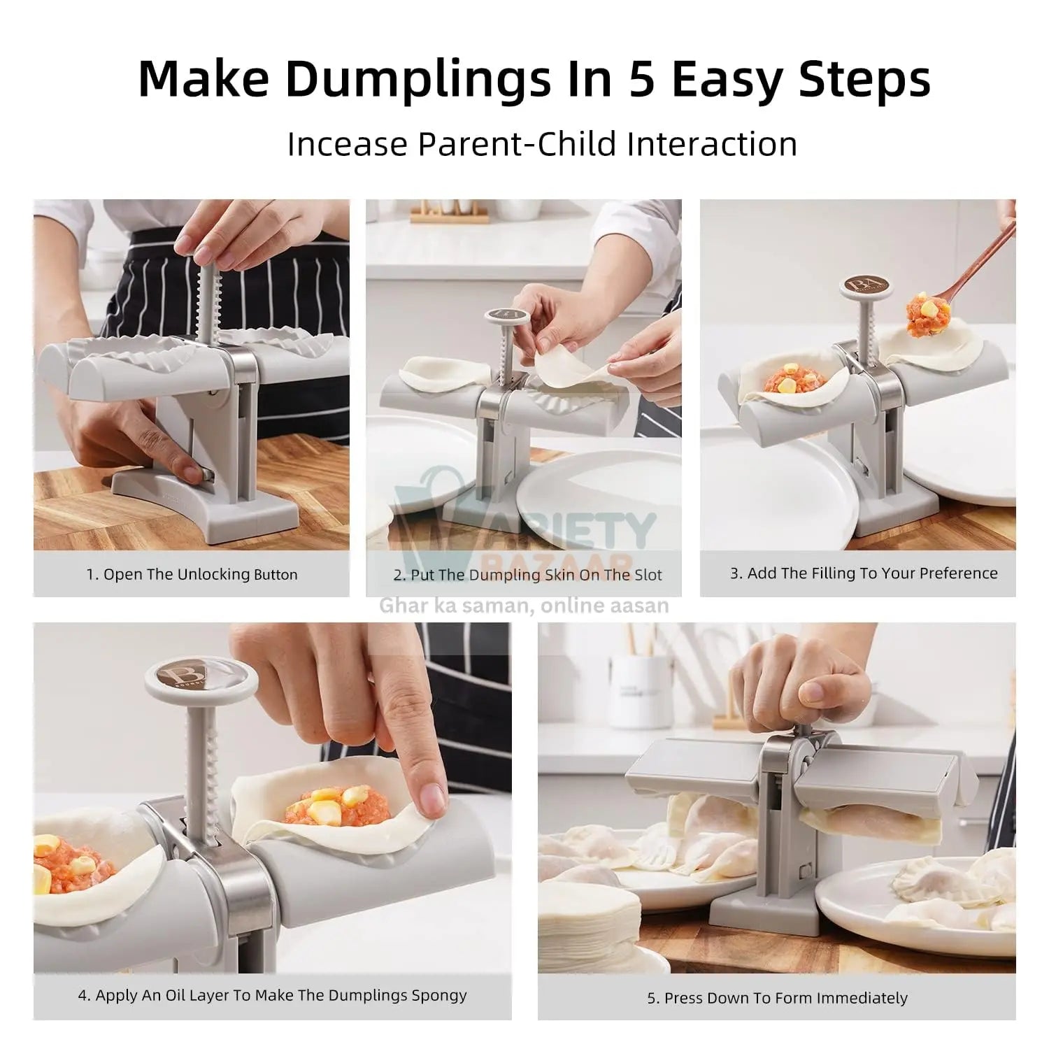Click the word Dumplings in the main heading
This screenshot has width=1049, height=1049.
pos(418,79)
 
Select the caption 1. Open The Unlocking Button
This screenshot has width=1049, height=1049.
pos(192,575)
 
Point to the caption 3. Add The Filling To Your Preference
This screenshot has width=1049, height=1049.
pos(864,573)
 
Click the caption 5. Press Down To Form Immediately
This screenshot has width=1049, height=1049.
pos(777,998)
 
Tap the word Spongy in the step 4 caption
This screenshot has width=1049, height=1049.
pos(438,995)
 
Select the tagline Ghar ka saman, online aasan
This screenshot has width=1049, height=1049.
pos(524,606)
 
